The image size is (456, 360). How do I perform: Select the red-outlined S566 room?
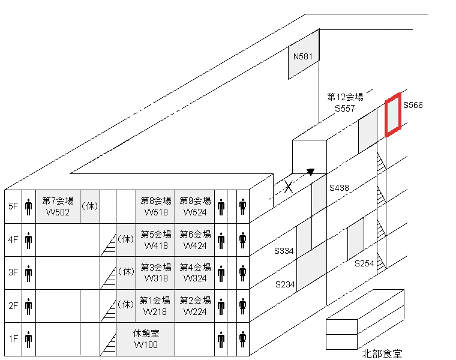click(393, 115)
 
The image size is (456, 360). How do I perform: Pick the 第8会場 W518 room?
click(155, 206)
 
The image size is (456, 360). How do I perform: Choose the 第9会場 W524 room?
click(195, 206)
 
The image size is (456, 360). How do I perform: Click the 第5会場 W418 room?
click(155, 239)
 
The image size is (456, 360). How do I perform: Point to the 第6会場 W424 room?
click(195, 239)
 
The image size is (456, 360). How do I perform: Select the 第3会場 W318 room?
click(155, 272)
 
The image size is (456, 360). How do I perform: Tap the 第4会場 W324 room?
click(195, 272)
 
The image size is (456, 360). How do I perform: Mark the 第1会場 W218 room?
click(155, 305)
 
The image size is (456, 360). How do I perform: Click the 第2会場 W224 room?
click(195, 305)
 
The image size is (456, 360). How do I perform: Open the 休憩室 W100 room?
click(146, 338)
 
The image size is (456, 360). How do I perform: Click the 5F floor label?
click(13, 206)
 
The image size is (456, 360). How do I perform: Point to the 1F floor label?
click(13, 338)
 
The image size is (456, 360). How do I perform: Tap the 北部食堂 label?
click(382, 353)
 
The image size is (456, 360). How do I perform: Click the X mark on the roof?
click(289, 187)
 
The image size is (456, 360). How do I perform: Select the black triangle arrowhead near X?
click(310, 172)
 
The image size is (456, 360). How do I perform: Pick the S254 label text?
click(364, 263)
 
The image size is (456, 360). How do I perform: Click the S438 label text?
click(339, 188)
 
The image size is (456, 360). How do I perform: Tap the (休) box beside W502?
click(89, 206)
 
